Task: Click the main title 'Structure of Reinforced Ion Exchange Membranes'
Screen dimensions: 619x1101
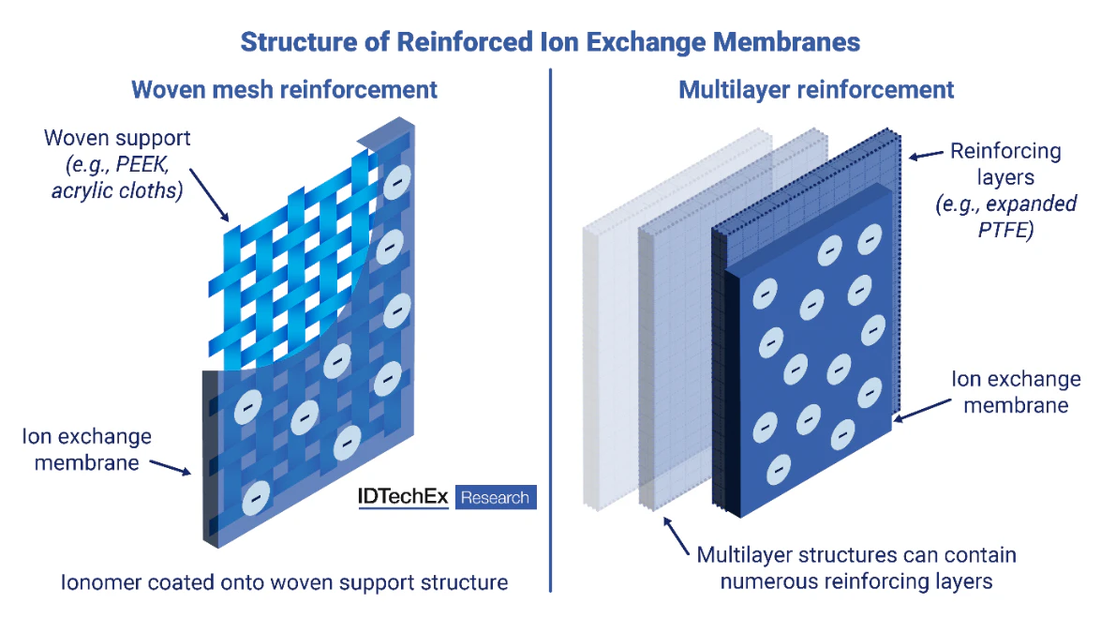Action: click(550, 42)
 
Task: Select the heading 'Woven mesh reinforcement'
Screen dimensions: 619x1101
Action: click(284, 90)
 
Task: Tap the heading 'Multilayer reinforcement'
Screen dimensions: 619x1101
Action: click(816, 90)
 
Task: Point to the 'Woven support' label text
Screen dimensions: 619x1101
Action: click(117, 139)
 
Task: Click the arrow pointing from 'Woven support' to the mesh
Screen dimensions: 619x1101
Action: click(207, 201)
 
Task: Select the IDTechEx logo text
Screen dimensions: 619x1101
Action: click(403, 497)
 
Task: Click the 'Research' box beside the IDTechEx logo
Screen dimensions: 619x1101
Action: click(496, 497)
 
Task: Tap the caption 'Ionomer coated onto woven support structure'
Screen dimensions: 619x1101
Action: click(284, 582)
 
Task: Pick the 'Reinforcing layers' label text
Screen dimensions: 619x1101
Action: click(1005, 163)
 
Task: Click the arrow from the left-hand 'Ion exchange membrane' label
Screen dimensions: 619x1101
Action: click(171, 466)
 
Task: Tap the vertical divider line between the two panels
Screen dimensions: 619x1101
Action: click(550, 328)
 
